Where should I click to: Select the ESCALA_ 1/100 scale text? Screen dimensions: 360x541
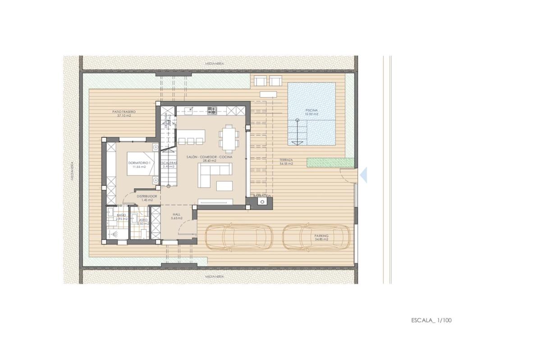[x=431, y=320]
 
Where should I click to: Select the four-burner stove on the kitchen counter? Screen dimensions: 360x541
[x=212, y=109]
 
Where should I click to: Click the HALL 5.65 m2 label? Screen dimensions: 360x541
[x=176, y=216]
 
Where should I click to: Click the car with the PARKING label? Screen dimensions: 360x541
[x=317, y=237]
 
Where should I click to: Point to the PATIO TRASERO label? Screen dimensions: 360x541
[x=124, y=113]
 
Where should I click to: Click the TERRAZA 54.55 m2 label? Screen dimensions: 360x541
[x=286, y=162]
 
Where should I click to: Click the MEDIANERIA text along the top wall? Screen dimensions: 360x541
[x=214, y=64]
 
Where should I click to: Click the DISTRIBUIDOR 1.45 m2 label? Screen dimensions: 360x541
[x=147, y=198]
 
